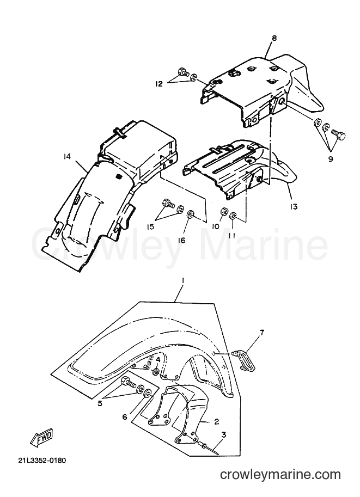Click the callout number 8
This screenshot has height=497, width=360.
[x=274, y=38]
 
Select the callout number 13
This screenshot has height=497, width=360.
[x=294, y=207]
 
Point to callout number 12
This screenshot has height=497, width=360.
[x=159, y=84]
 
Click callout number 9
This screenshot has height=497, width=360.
[x=330, y=159]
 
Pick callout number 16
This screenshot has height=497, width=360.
[x=181, y=241]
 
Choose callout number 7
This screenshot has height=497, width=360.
[x=261, y=333]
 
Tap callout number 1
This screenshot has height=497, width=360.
[x=182, y=281]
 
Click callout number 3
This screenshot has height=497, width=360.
[x=224, y=434]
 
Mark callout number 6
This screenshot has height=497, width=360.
[x=125, y=417]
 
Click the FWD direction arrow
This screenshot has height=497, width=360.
[x=42, y=439]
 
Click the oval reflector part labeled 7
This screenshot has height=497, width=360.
[x=245, y=359]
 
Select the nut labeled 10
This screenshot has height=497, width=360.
[x=222, y=211]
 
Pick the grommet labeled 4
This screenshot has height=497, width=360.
[x=156, y=372]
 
